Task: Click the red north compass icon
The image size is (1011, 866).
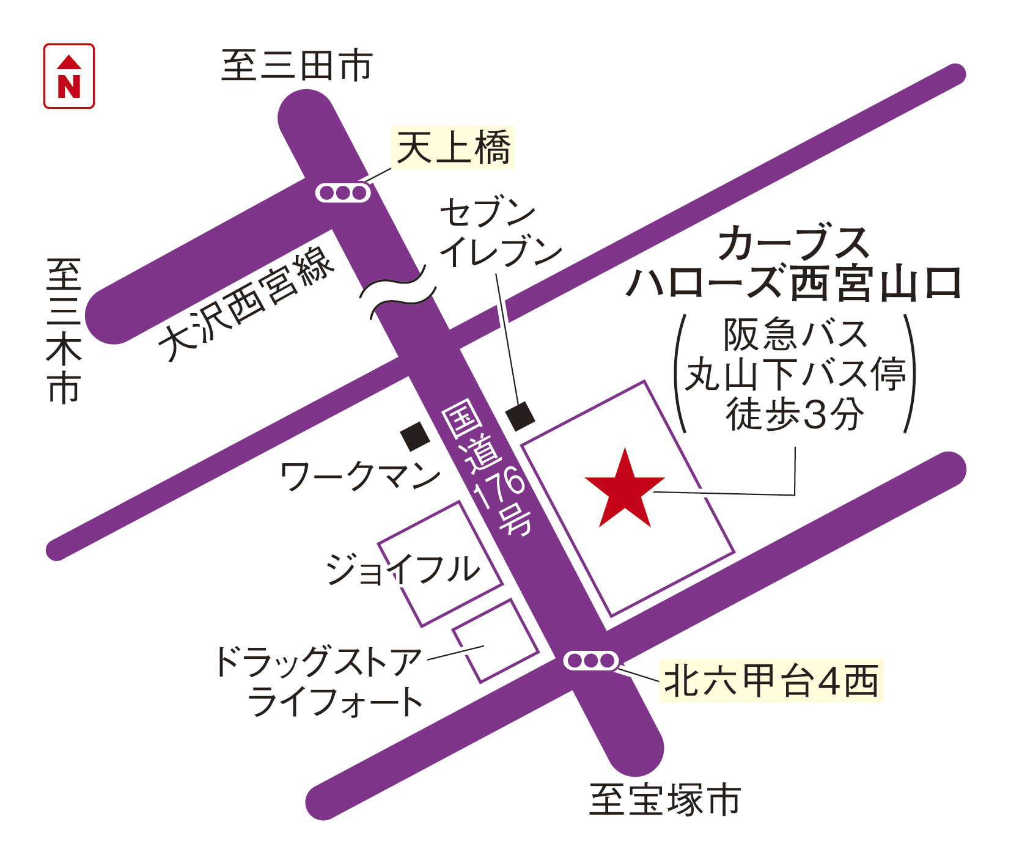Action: coord(69,76)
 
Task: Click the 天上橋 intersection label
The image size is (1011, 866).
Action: coord(453,147)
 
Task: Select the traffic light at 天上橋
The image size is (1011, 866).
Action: coord(343,193)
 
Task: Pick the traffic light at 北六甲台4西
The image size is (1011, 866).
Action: coord(590,661)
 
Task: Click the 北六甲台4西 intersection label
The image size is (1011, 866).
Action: coord(771,681)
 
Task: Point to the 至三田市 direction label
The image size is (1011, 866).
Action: coord(297,66)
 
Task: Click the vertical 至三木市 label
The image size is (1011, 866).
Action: coord(65,331)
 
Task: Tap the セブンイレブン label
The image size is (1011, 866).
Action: coord(498,232)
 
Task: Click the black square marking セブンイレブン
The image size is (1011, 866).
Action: coord(520,416)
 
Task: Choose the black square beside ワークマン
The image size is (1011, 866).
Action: coord(415,436)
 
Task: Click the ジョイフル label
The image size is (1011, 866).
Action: coord(403,570)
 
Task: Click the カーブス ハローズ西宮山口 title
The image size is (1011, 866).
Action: coord(793,263)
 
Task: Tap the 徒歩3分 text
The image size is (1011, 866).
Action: coord(795,414)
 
